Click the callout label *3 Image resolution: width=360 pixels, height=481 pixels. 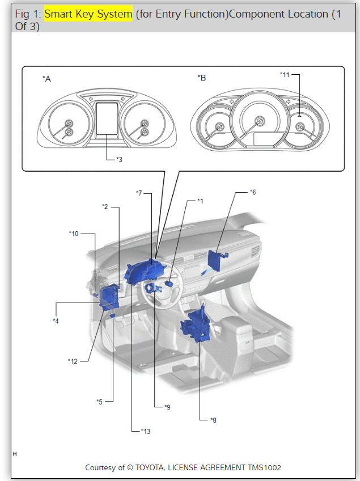pos(119,160)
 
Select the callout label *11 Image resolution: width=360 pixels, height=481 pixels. pos(285,74)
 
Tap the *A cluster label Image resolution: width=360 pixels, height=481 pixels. pos(46,79)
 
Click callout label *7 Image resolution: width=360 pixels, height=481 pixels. pos(139,193)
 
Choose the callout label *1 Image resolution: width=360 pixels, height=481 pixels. pos(200,201)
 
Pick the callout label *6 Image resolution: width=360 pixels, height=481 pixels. pos(253,192)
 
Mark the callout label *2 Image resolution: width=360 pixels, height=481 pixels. pos(105,207)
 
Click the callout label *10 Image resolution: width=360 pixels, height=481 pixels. pos(74,233)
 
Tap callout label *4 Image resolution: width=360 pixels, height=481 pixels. pos(56,321)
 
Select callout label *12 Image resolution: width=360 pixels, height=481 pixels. pos(73,361)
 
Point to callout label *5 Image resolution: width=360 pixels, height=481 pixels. pos(99,402)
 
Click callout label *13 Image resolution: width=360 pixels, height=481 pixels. pos(146,431)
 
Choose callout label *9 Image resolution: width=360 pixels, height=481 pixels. pos(167,407)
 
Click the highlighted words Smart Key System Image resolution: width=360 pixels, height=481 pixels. pos(88,14)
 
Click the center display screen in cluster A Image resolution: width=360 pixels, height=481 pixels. pos(108,119)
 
